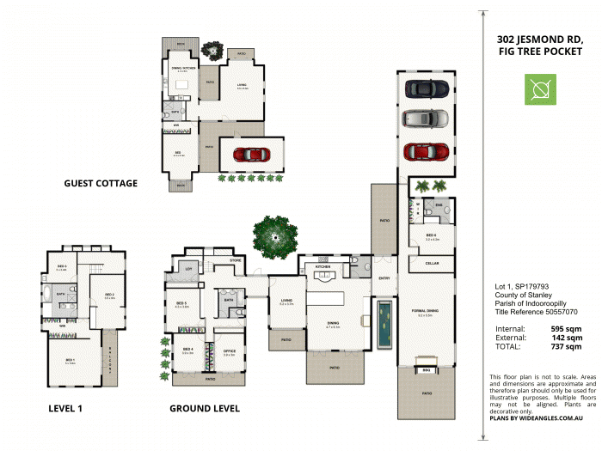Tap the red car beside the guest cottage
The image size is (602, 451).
click(250, 155)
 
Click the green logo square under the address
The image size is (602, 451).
click(540, 89)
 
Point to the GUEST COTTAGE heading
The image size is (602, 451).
click(101, 183)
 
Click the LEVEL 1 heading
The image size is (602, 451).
click(65, 408)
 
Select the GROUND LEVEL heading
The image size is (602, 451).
click(205, 408)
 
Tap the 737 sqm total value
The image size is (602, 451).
click(567, 348)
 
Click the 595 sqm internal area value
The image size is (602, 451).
click(567, 328)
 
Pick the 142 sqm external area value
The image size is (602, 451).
click(567, 338)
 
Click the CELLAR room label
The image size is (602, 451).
click(431, 263)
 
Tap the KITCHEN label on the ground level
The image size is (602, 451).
click(322, 267)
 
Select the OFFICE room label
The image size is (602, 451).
click(230, 350)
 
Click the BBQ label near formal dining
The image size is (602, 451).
click(426, 370)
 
